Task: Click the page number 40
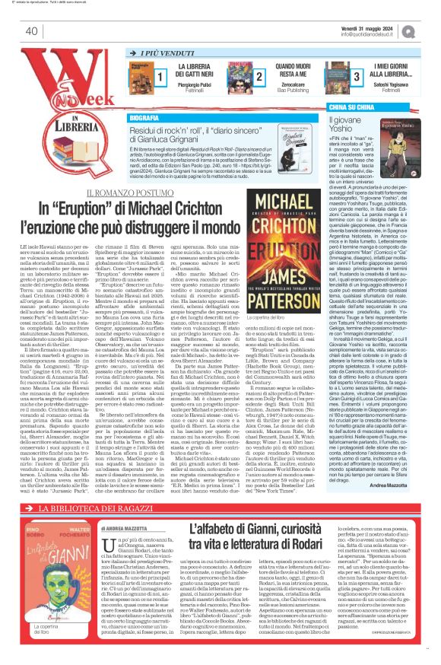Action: tap(31, 31)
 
